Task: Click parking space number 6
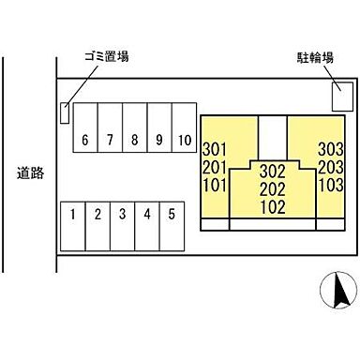85,140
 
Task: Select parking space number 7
110,140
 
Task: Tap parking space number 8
134,140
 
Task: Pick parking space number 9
158,140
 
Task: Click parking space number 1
72,214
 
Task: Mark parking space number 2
97,214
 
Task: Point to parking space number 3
122,214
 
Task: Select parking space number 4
146,214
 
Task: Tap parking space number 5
171,214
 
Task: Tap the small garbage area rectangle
65,112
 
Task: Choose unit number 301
215,147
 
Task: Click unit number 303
329,147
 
